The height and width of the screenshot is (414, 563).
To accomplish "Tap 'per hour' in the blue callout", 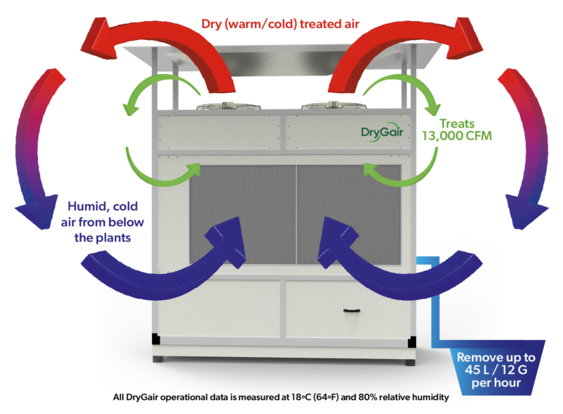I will [496, 383].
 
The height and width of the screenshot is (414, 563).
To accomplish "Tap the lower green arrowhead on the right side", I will [369, 169].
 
